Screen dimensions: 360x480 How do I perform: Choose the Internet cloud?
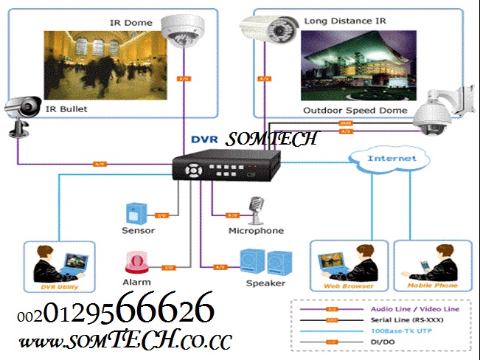tap(381, 159)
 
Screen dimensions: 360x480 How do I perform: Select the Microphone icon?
tap(256, 211)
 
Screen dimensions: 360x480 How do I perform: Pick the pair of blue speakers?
tap(266, 263)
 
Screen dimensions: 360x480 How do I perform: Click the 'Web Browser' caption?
tap(349, 285)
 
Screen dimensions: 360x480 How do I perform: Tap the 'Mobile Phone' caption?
tap(433, 285)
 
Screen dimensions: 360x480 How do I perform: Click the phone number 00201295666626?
tap(116, 310)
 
